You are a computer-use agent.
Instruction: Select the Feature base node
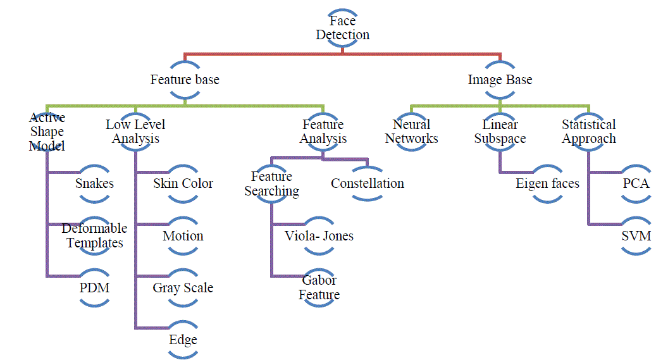click(x=185, y=80)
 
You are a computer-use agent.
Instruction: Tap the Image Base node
click(x=500, y=80)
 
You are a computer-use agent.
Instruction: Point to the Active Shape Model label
click(x=47, y=132)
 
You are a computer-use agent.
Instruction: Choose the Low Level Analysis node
click(x=135, y=132)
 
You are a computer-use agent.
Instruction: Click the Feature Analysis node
click(x=323, y=132)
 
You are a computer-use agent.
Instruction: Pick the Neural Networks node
click(x=411, y=132)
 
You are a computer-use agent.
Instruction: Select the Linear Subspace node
click(x=500, y=132)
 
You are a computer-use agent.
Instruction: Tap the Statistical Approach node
click(x=588, y=132)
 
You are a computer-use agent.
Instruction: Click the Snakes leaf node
click(x=94, y=183)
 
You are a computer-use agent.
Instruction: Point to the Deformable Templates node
click(x=94, y=235)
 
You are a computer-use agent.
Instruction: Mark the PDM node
click(x=94, y=288)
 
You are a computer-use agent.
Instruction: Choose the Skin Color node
click(x=183, y=183)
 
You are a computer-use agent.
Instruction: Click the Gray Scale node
click(x=183, y=288)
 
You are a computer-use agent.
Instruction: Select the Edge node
click(x=183, y=340)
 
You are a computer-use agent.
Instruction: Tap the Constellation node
click(x=368, y=183)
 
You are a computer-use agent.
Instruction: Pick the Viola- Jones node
click(x=319, y=236)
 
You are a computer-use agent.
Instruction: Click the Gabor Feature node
click(x=319, y=288)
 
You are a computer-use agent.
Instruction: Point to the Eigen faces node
click(x=547, y=183)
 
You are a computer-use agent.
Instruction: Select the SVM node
click(x=636, y=236)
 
